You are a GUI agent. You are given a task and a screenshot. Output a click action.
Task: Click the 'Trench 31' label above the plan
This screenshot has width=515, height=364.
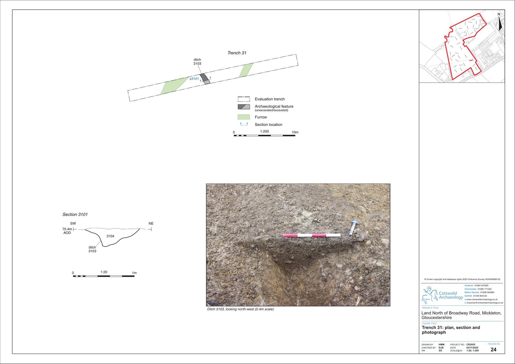(237, 53)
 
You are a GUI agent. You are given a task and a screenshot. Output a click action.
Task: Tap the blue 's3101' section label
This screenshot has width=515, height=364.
(194, 79)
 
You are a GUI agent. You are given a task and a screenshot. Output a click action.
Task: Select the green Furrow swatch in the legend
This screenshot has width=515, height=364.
(244, 117)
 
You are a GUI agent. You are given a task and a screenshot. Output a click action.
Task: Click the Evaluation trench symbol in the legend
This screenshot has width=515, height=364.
(244, 99)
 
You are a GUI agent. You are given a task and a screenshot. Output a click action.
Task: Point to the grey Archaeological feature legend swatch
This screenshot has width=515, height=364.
(244, 107)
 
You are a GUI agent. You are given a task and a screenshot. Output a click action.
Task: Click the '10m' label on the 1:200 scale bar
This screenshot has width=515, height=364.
(295, 132)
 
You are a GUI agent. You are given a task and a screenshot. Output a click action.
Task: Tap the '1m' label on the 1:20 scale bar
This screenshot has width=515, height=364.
(134, 273)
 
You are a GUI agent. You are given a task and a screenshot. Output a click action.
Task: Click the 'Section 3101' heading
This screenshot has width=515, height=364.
(75, 215)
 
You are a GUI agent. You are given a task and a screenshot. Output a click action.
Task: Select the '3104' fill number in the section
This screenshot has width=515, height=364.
(110, 236)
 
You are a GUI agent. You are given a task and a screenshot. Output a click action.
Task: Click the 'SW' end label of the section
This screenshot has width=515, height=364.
(73, 223)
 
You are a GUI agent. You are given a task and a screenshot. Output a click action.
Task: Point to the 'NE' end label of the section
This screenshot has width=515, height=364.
(151, 223)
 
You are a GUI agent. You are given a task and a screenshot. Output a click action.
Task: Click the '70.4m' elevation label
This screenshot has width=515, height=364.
(67, 229)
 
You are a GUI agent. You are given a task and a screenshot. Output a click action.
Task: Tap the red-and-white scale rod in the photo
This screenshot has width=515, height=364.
(312, 235)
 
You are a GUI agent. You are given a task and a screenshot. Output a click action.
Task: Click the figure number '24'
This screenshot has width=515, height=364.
(493, 350)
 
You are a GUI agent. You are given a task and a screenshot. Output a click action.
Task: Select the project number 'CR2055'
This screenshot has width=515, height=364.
(471, 344)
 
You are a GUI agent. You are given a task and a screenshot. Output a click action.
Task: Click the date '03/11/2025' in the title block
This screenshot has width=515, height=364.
(472, 348)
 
